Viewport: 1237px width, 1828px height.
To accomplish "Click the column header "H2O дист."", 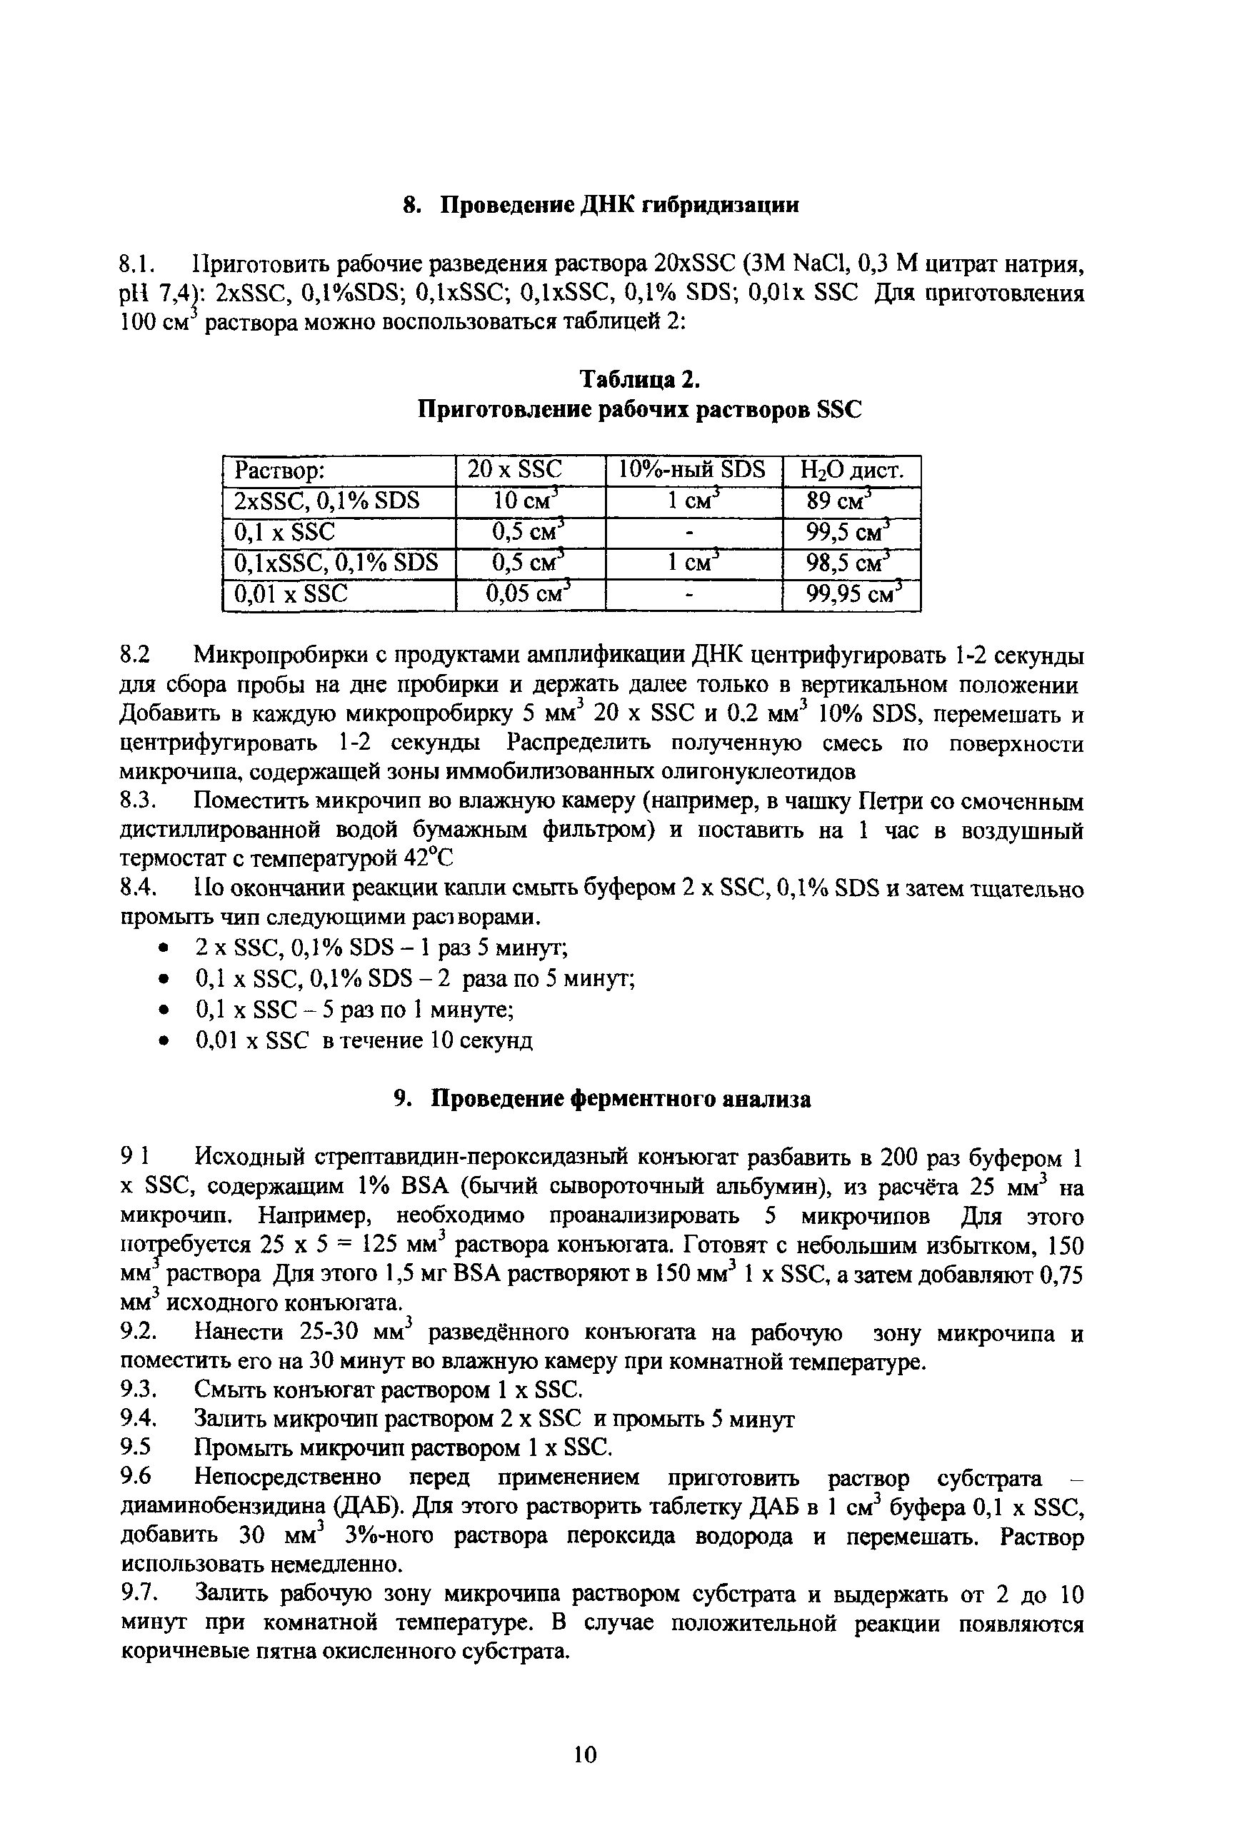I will [x=851, y=471].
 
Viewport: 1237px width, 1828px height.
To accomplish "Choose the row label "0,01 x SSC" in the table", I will [x=291, y=594].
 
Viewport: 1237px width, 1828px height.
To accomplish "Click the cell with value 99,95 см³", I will [x=851, y=594].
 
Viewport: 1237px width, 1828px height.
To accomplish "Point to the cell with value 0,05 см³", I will [x=528, y=594].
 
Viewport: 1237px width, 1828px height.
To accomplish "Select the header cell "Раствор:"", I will [x=280, y=471].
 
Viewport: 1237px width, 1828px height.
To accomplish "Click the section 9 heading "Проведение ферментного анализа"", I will [x=621, y=1100].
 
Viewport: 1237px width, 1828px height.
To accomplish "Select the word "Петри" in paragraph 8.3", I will [x=890, y=801].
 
